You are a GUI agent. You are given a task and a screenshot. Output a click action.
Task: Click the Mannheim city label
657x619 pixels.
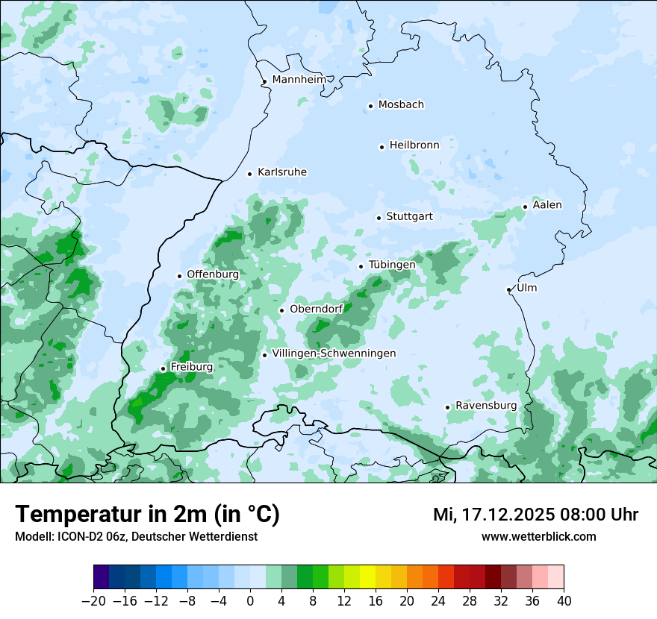pos(299,79)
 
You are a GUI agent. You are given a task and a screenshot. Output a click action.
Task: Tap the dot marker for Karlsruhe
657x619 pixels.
pos(250,174)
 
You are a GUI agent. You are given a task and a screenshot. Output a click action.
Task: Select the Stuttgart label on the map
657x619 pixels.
pos(409,217)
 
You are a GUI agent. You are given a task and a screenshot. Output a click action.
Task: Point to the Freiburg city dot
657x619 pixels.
pos(163,368)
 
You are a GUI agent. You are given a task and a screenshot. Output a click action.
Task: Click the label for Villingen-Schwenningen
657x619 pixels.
pos(334,354)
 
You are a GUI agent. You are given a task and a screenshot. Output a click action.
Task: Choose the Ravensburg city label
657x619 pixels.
pos(486,406)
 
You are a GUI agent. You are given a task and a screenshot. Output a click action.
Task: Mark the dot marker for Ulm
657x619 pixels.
pos(508,289)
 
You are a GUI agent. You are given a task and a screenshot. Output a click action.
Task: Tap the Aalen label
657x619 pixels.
pos(547,205)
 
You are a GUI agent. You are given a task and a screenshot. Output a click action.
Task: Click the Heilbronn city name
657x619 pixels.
pos(414,145)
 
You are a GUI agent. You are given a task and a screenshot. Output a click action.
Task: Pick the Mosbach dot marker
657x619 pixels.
pos(370,106)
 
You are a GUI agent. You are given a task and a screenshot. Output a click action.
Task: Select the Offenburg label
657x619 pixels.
pos(213,274)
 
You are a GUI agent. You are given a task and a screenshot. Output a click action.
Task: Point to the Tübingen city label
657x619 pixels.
pos(392,265)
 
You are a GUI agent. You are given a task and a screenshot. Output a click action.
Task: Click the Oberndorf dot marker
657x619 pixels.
pos(281,310)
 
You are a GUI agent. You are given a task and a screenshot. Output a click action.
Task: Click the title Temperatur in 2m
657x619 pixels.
pos(147,514)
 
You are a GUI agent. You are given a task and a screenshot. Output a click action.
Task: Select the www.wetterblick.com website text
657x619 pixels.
pos(538,536)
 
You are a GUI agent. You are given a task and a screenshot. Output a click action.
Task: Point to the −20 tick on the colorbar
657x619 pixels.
pos(93,601)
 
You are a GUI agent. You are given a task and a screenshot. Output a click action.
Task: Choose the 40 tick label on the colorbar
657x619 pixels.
pos(564,601)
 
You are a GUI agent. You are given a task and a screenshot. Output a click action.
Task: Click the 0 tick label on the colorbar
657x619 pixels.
pos(250,601)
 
